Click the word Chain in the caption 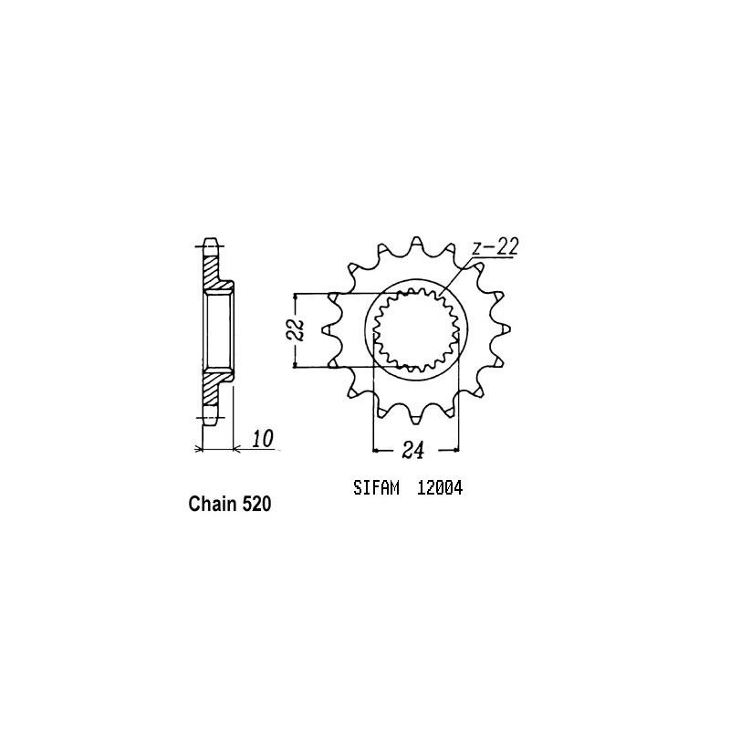click(209, 504)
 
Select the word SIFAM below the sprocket click(375, 488)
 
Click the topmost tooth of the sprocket click(419, 243)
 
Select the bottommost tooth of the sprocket click(419, 418)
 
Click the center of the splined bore click(418, 328)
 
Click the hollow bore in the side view click(219, 330)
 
